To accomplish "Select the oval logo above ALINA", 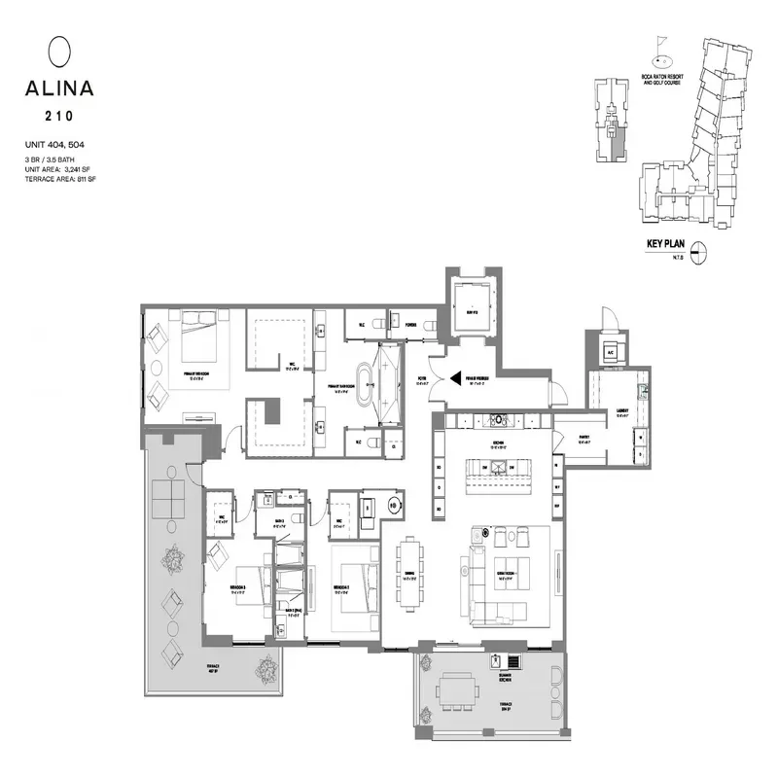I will (x=59, y=50).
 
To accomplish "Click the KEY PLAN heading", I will (x=667, y=246).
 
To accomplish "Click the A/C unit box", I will (x=611, y=352).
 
